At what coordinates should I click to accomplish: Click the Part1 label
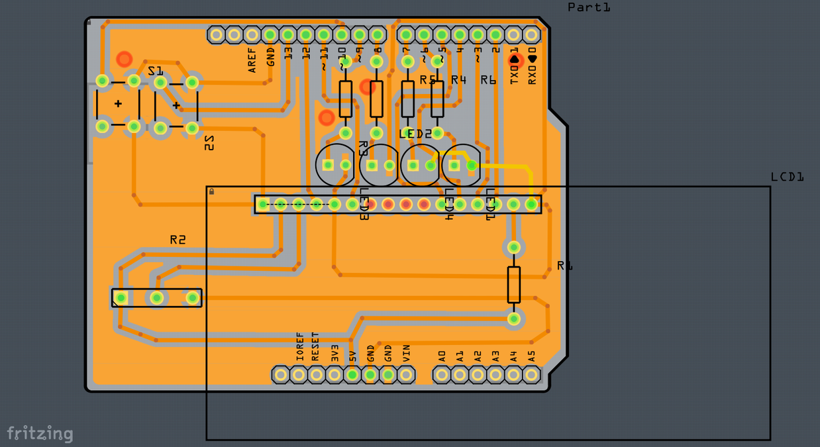click(589, 7)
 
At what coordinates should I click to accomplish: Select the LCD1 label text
click(787, 177)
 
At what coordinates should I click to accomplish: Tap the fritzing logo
click(40, 434)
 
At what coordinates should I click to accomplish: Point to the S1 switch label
click(155, 71)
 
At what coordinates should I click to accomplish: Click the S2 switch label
click(209, 143)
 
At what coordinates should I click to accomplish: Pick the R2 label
click(178, 240)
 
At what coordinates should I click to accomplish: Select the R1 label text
click(564, 266)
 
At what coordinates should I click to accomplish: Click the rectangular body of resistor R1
click(513, 285)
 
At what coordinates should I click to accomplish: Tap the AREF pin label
click(252, 60)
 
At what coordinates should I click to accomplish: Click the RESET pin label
click(317, 346)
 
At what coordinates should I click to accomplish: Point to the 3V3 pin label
click(334, 352)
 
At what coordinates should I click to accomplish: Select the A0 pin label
click(442, 355)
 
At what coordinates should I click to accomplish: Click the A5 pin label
click(531, 355)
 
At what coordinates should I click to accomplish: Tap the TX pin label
click(514, 69)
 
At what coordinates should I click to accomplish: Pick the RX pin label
click(532, 69)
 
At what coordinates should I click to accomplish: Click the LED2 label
click(415, 134)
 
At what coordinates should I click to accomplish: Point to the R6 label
click(488, 80)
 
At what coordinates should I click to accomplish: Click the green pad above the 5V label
click(352, 375)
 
